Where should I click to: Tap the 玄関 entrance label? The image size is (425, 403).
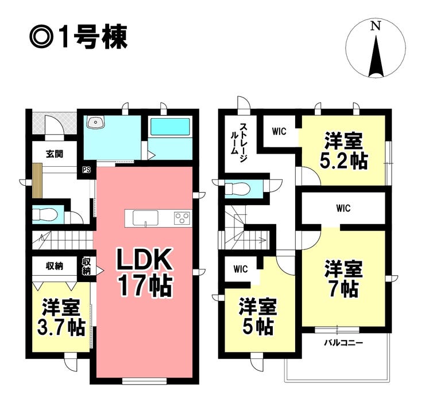[55, 154]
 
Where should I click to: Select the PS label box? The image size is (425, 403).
[87, 170]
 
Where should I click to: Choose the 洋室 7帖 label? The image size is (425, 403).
[343, 278]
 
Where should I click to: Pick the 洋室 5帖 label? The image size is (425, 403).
[257, 316]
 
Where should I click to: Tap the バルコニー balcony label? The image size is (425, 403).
[343, 343]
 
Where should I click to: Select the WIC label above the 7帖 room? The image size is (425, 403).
[343, 208]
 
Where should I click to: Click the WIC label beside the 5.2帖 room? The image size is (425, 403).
[279, 131]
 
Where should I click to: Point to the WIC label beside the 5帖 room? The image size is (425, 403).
[241, 269]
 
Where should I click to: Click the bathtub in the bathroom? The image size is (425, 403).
[170, 127]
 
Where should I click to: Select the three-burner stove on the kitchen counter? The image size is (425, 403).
[182, 218]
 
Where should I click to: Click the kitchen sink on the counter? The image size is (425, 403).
[145, 218]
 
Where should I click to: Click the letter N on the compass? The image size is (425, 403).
[376, 26]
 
